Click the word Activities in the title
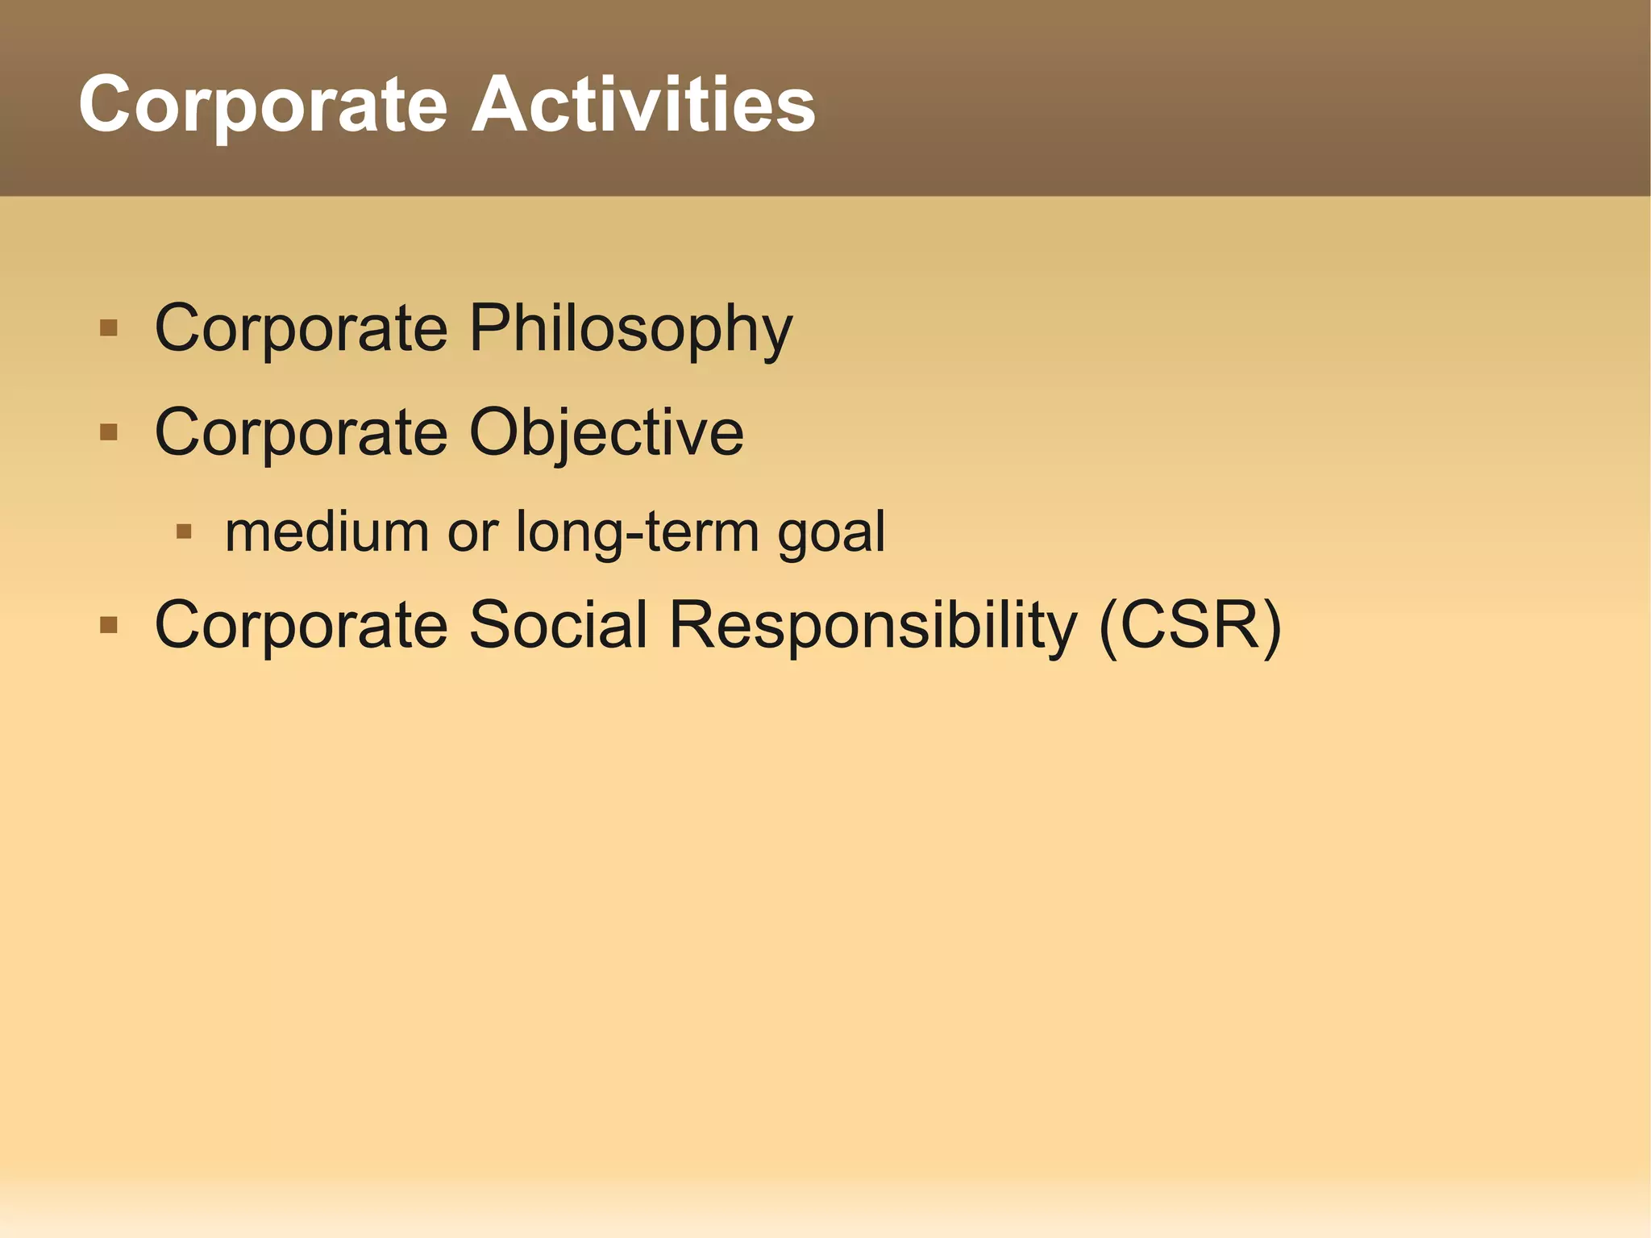coord(643,105)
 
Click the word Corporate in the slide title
coord(263,105)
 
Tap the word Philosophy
coord(630,329)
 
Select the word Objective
coord(606,433)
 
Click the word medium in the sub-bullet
coord(326,532)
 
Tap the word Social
coord(558,625)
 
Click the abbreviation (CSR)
coord(1190,625)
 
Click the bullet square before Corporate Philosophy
coord(109,328)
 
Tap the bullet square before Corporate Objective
coord(109,433)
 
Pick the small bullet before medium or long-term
coord(184,531)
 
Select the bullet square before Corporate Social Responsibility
coord(109,625)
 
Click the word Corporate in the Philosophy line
coord(301,329)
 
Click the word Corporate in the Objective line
coord(301,433)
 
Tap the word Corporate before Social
coord(301,625)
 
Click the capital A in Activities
coord(501,105)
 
